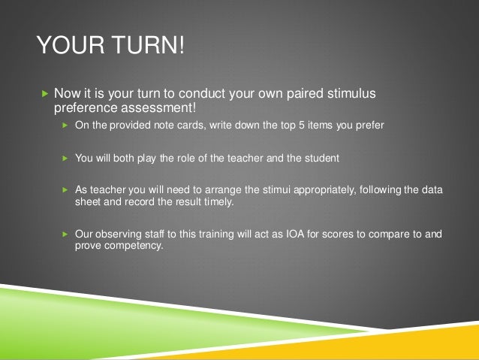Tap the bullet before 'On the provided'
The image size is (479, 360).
point(65,126)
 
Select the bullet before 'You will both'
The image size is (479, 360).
point(65,159)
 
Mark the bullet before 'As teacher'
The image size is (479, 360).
point(65,191)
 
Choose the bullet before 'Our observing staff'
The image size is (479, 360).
point(65,234)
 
